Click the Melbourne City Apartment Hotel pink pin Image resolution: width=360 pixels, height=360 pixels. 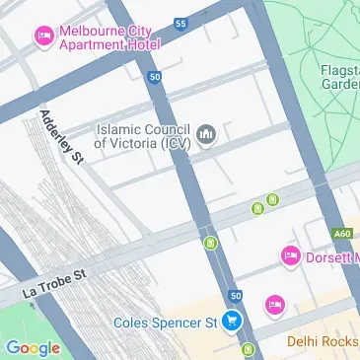coord(43,37)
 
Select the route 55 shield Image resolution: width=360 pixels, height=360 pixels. coord(179,22)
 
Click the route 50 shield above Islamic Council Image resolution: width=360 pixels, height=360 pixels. coord(155,76)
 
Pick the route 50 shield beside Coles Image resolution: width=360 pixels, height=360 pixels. coord(235,295)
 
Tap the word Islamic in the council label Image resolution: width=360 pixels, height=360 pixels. coord(123,127)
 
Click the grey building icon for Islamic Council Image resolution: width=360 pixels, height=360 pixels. coord(206,134)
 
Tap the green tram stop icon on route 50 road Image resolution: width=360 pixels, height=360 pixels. coord(210,243)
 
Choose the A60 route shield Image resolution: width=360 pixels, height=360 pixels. coord(341,234)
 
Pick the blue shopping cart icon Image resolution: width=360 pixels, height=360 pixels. coord(233,321)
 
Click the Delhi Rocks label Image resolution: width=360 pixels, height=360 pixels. coord(323,341)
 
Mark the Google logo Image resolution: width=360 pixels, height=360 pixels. coord(33,346)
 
